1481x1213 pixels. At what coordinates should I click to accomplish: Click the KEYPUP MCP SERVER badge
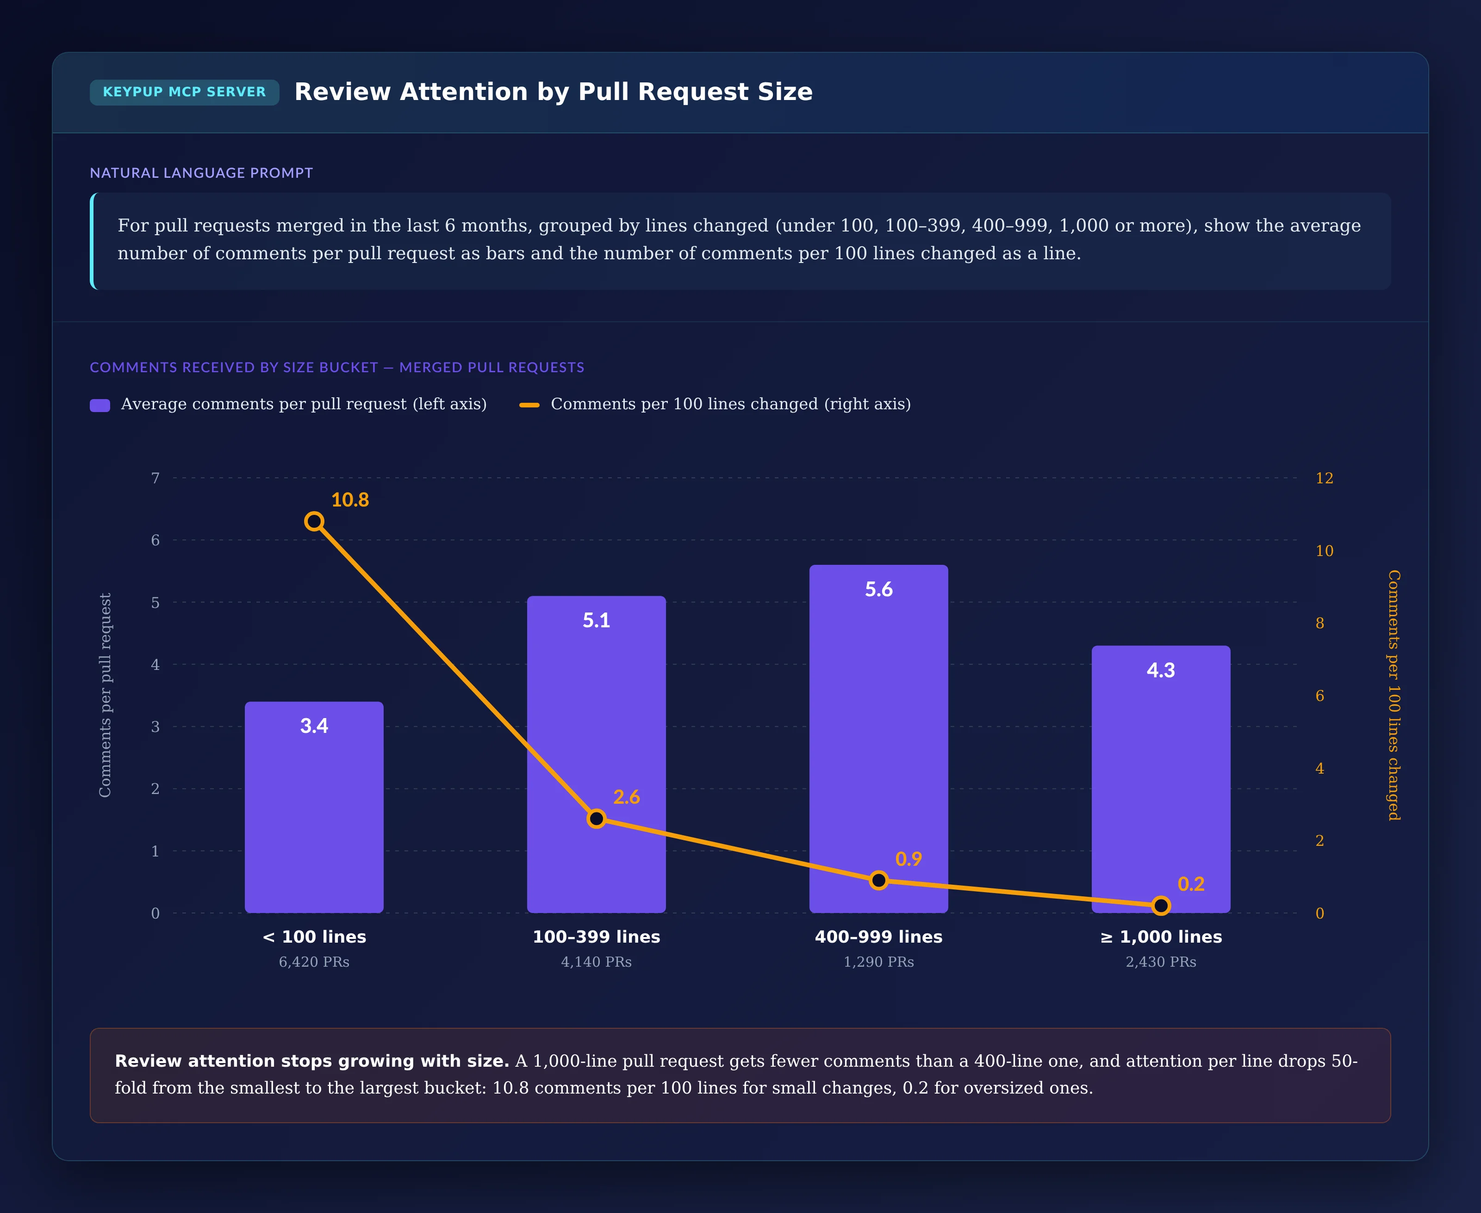click(184, 92)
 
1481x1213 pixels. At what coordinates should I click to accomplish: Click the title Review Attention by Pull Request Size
click(553, 92)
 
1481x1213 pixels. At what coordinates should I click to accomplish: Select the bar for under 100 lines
click(314, 807)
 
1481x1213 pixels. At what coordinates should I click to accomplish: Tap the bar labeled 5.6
click(879, 738)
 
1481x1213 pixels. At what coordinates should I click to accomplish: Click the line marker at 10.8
click(314, 521)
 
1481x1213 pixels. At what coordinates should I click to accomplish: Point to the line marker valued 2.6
click(597, 818)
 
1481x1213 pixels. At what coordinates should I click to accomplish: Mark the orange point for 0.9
click(879, 881)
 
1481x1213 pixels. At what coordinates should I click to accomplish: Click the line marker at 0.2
click(1161, 906)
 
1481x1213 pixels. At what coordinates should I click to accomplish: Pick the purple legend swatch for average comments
click(100, 405)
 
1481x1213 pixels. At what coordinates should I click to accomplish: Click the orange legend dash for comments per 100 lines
click(529, 405)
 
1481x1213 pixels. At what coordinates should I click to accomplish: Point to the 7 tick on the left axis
click(155, 478)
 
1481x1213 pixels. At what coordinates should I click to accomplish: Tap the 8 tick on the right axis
click(1319, 623)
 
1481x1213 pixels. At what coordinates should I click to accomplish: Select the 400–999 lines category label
click(879, 937)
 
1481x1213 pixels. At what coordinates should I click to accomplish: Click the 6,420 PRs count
click(314, 962)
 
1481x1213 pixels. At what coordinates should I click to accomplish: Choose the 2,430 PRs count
click(1161, 962)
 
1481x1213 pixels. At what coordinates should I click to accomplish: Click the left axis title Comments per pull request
click(105, 695)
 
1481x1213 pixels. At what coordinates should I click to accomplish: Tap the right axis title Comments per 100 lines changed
click(1394, 695)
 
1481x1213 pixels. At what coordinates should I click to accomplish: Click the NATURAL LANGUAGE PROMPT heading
click(201, 173)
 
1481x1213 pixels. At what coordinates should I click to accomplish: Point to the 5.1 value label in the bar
click(597, 620)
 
